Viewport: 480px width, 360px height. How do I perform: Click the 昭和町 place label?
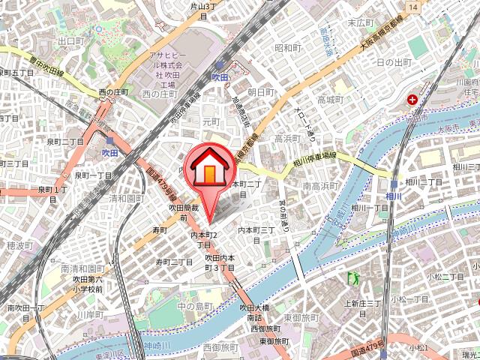point(287,48)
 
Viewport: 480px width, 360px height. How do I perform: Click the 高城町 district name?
point(329,100)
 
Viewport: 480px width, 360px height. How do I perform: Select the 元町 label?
point(211,121)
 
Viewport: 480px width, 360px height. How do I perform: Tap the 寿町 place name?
point(160,230)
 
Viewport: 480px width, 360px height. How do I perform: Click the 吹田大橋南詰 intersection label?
point(254,312)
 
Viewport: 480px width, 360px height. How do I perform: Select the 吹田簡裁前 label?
point(183,212)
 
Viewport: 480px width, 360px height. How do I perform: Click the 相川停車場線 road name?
point(313,158)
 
